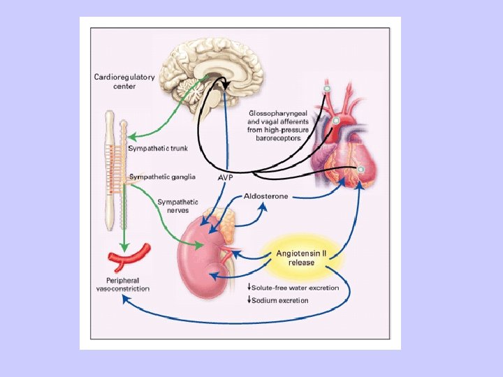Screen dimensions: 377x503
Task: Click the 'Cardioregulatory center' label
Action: coord(124,82)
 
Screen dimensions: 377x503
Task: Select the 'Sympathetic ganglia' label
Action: coord(161,177)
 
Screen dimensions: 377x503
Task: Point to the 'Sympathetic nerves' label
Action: coord(173,206)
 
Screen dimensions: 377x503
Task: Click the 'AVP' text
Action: coord(226,178)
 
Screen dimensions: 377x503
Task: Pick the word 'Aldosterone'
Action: coord(265,196)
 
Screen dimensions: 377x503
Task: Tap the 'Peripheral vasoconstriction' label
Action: coord(123,284)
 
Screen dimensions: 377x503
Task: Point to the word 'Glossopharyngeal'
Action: coord(278,113)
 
